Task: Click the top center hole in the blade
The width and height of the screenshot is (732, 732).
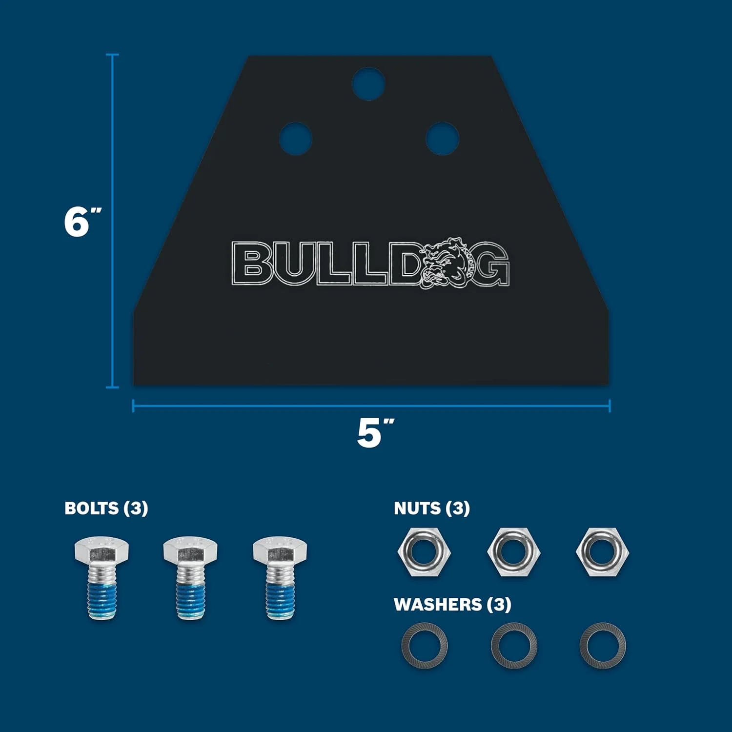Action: (369, 83)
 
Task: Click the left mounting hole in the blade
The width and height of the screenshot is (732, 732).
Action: (296, 138)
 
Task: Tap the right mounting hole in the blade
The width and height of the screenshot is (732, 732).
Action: (442, 138)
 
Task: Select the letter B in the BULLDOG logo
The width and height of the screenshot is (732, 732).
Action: (253, 264)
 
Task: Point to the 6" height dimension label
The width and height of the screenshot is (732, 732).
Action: (82, 222)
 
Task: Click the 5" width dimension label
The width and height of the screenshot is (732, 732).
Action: (374, 432)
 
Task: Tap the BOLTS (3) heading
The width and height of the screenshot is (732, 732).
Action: (106, 508)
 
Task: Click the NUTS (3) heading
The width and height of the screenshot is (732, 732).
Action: (432, 508)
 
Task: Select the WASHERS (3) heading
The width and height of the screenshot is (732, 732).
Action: (452, 604)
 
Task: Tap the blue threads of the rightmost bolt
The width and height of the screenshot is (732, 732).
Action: (280, 600)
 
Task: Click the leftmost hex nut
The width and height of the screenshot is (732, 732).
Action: (424, 552)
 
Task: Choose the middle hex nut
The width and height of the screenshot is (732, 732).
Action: (513, 552)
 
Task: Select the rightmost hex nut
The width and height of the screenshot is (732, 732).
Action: (602, 552)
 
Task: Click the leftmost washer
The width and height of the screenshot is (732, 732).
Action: (424, 646)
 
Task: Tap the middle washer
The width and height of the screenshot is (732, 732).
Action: (514, 646)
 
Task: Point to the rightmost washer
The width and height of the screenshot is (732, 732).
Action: (602, 646)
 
